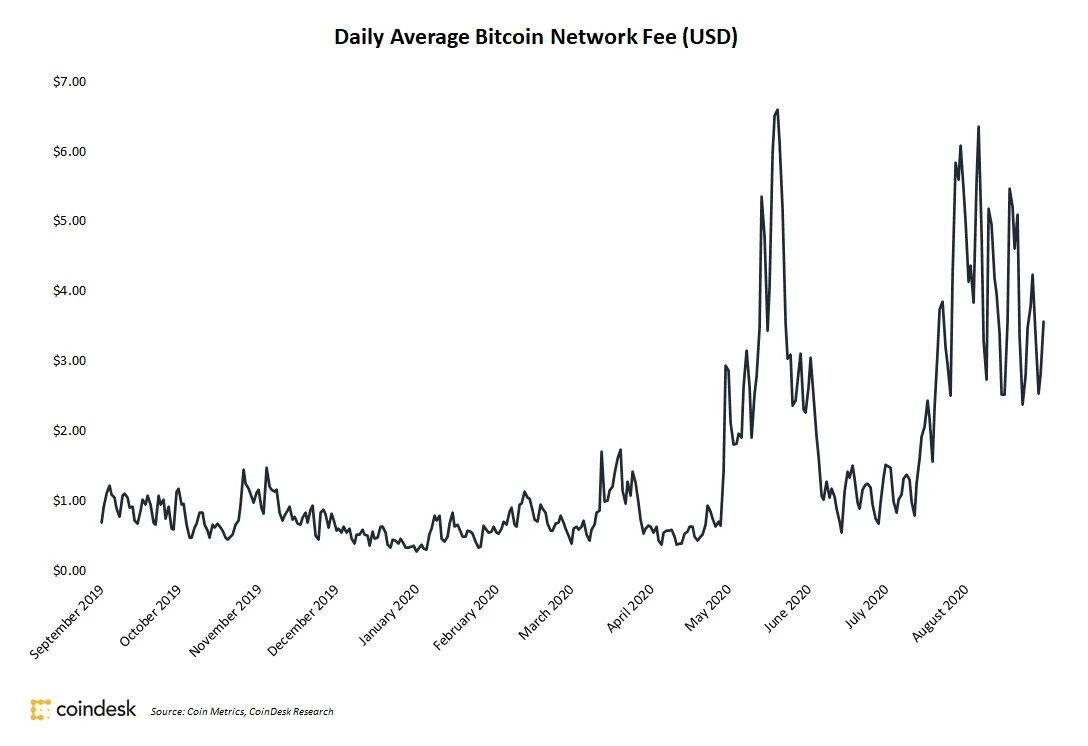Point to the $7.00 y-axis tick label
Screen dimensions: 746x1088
(70, 81)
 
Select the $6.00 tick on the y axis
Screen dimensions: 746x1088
(70, 151)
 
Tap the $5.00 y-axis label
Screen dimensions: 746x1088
(70, 221)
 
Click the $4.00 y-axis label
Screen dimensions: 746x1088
(70, 291)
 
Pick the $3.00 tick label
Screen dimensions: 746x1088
(70, 361)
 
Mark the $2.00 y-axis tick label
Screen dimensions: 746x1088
(70, 431)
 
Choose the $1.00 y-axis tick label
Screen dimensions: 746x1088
(70, 501)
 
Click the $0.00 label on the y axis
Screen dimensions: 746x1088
(70, 571)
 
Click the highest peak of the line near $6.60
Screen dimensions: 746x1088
(777, 110)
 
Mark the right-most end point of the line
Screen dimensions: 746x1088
(1044, 322)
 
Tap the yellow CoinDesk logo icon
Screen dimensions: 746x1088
(40, 710)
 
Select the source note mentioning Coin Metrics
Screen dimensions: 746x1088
(242, 712)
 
